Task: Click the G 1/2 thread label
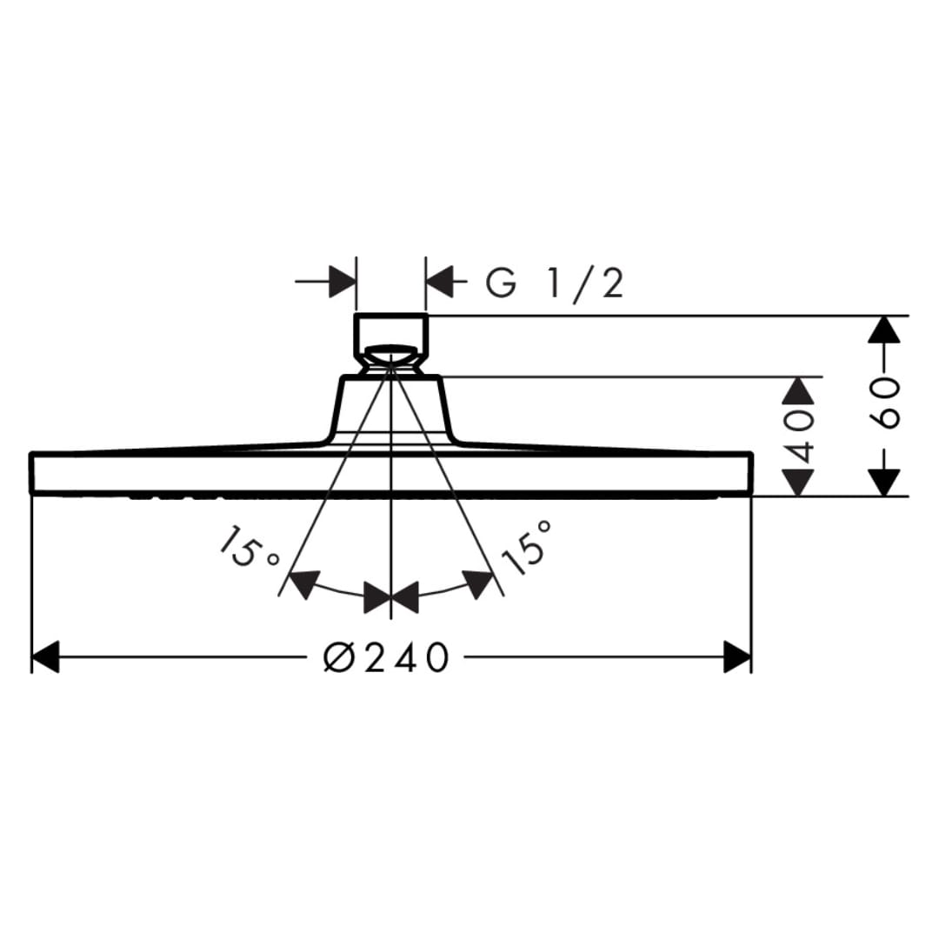click(555, 283)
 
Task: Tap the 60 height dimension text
click(884, 403)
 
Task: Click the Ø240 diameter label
click(386, 657)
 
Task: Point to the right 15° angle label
click(525, 546)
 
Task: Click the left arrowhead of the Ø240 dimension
click(45, 657)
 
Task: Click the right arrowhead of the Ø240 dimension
click(737, 657)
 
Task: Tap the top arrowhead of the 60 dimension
click(884, 330)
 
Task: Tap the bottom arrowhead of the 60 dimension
click(884, 482)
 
